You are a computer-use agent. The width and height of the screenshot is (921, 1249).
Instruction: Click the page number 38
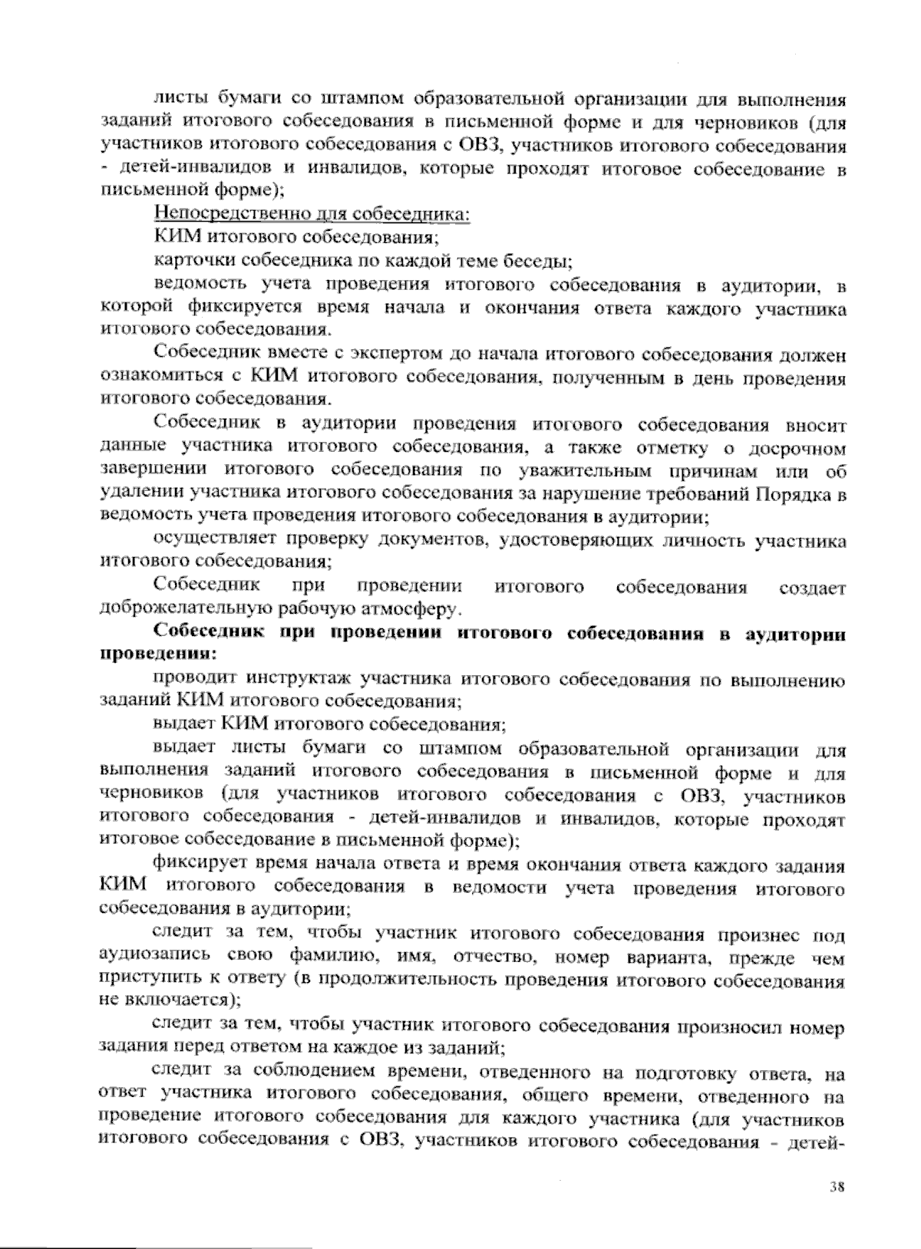point(837,1187)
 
